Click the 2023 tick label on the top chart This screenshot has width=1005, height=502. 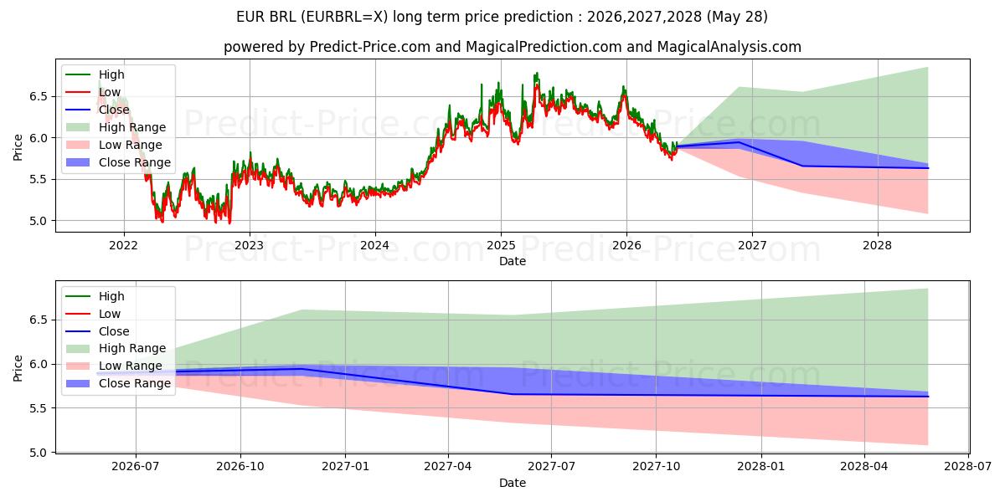pos(250,246)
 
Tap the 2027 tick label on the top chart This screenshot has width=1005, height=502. pos(752,246)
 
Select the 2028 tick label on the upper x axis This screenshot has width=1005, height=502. pos(878,246)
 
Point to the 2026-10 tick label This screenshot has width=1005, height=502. pos(240,467)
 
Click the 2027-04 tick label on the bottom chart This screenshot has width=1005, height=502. pos(448,467)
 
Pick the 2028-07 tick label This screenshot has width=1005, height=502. pos(968,467)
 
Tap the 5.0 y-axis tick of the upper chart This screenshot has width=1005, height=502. pos(39,221)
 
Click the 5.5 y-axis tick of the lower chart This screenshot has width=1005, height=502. pos(39,408)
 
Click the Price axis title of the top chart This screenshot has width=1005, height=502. pos(18,147)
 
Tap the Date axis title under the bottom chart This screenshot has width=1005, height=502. pos(513,483)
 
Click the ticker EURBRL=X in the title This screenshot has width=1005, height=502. pos(343,17)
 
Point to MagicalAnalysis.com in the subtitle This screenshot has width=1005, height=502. pos(729,47)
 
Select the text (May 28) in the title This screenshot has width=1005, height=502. pos(737,17)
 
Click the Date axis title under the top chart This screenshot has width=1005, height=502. pos(513,261)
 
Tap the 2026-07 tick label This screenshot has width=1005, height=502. pos(136,467)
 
